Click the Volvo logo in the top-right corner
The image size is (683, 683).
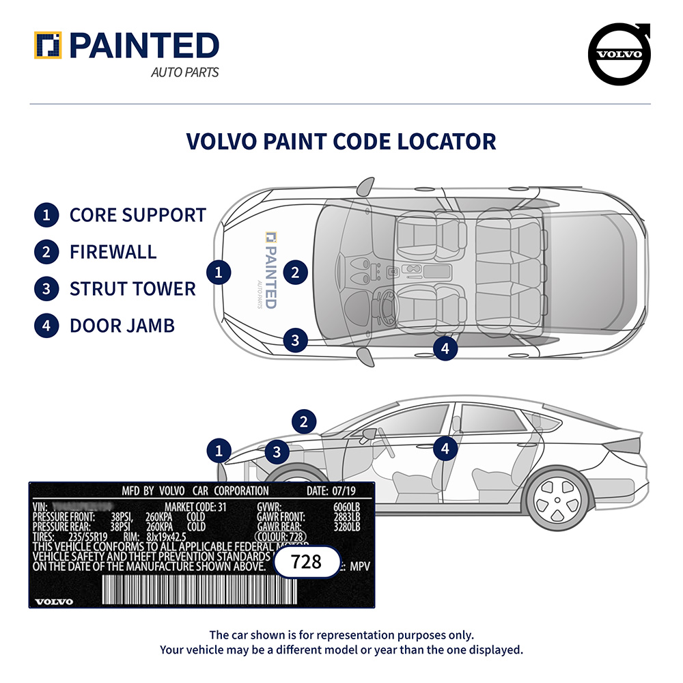[x=619, y=55]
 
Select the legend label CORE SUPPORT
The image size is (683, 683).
[x=137, y=214]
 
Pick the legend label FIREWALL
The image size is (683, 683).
[x=113, y=251]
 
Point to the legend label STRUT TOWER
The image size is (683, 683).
[x=133, y=288]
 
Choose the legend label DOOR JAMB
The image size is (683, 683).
[x=122, y=325]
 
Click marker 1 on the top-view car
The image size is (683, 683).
[x=219, y=273]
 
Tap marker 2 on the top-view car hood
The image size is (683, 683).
[x=295, y=273]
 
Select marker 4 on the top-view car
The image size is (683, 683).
[x=445, y=348]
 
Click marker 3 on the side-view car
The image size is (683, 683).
[x=277, y=451]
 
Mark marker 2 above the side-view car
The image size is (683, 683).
[x=304, y=421]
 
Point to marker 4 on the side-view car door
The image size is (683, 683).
[x=445, y=449]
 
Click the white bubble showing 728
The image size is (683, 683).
[x=307, y=562]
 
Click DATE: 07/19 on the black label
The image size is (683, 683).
[x=331, y=491]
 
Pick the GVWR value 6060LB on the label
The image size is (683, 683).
[x=346, y=508]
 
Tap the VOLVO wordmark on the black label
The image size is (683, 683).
[x=54, y=601]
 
